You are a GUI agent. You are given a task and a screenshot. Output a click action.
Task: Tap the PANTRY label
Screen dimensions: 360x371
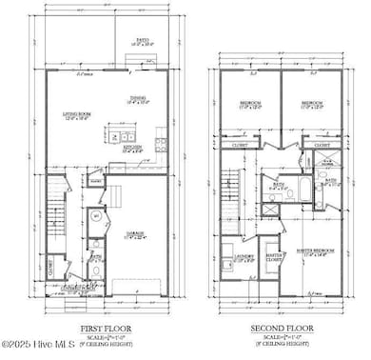[96, 180]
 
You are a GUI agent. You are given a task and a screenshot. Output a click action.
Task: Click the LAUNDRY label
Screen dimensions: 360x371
[244, 256]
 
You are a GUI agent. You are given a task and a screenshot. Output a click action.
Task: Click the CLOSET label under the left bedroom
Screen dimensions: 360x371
[242, 146]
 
